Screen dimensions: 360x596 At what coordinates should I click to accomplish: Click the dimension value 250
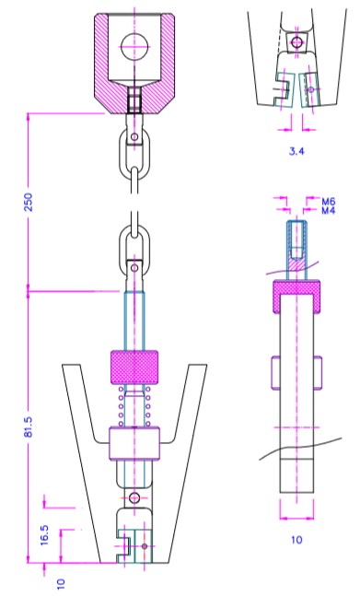29,203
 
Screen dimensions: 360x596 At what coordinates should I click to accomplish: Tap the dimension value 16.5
45,535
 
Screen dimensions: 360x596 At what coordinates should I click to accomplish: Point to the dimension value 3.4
296,151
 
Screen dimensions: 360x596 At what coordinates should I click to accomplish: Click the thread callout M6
329,201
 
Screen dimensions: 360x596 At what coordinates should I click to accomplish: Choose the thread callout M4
329,210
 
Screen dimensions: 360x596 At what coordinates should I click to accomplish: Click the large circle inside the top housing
134,46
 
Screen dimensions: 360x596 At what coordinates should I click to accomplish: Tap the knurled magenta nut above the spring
134,368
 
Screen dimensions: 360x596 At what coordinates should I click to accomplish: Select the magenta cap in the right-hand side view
297,297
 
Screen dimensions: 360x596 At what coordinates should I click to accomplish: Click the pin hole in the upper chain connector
134,137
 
